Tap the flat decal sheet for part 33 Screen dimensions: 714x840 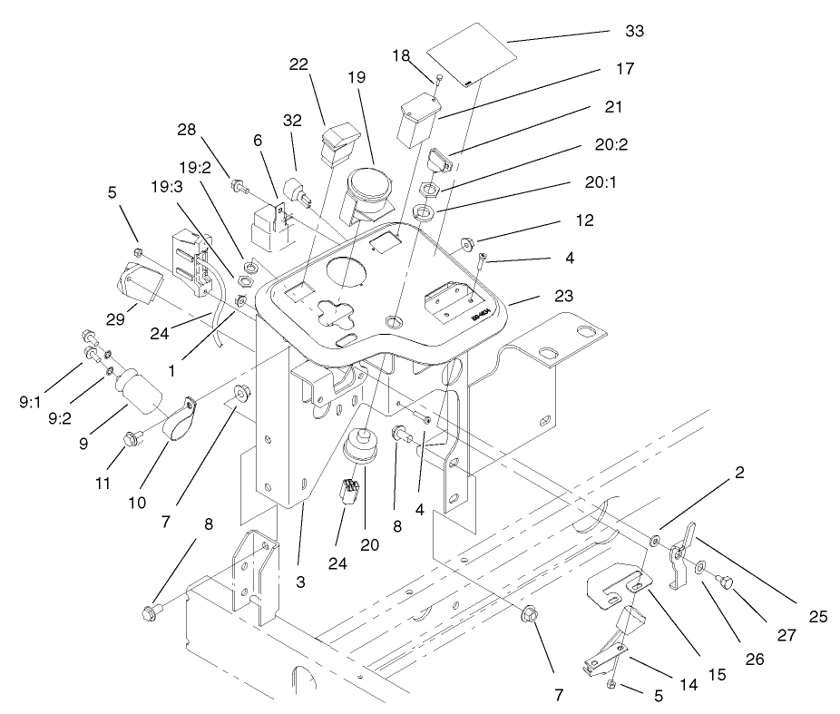(470, 56)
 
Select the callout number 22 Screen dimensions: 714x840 (300, 65)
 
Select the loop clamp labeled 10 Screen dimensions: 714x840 (181, 418)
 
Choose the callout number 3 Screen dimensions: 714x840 (300, 582)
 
